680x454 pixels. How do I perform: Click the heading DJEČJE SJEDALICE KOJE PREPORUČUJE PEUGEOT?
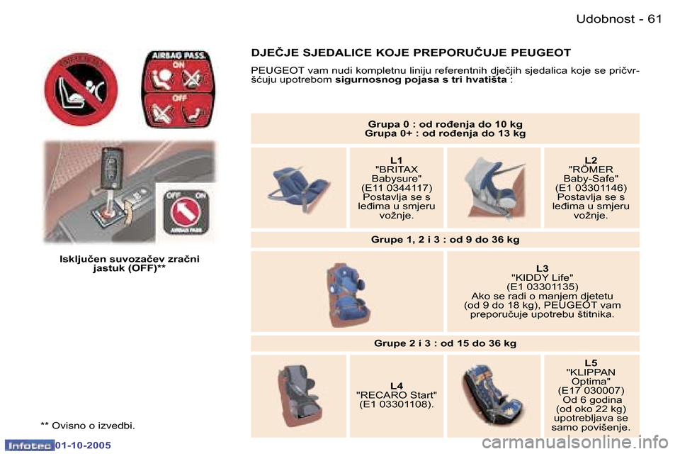[x=411, y=52]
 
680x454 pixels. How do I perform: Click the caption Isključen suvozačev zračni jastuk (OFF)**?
[x=130, y=264]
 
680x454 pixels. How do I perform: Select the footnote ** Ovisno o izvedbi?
[x=88, y=426]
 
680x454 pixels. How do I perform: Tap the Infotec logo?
[x=30, y=445]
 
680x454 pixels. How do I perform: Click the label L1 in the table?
[x=397, y=160]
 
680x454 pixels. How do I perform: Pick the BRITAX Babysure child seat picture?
[x=298, y=188]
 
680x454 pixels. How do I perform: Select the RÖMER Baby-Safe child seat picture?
[x=493, y=188]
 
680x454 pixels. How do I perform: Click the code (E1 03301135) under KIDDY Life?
[x=543, y=287]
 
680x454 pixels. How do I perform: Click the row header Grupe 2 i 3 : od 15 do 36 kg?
[x=445, y=343]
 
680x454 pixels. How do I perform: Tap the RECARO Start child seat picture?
[x=298, y=396]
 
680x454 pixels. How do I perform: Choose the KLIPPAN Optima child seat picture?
[x=493, y=396]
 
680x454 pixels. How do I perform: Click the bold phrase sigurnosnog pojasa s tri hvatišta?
[x=421, y=79]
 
